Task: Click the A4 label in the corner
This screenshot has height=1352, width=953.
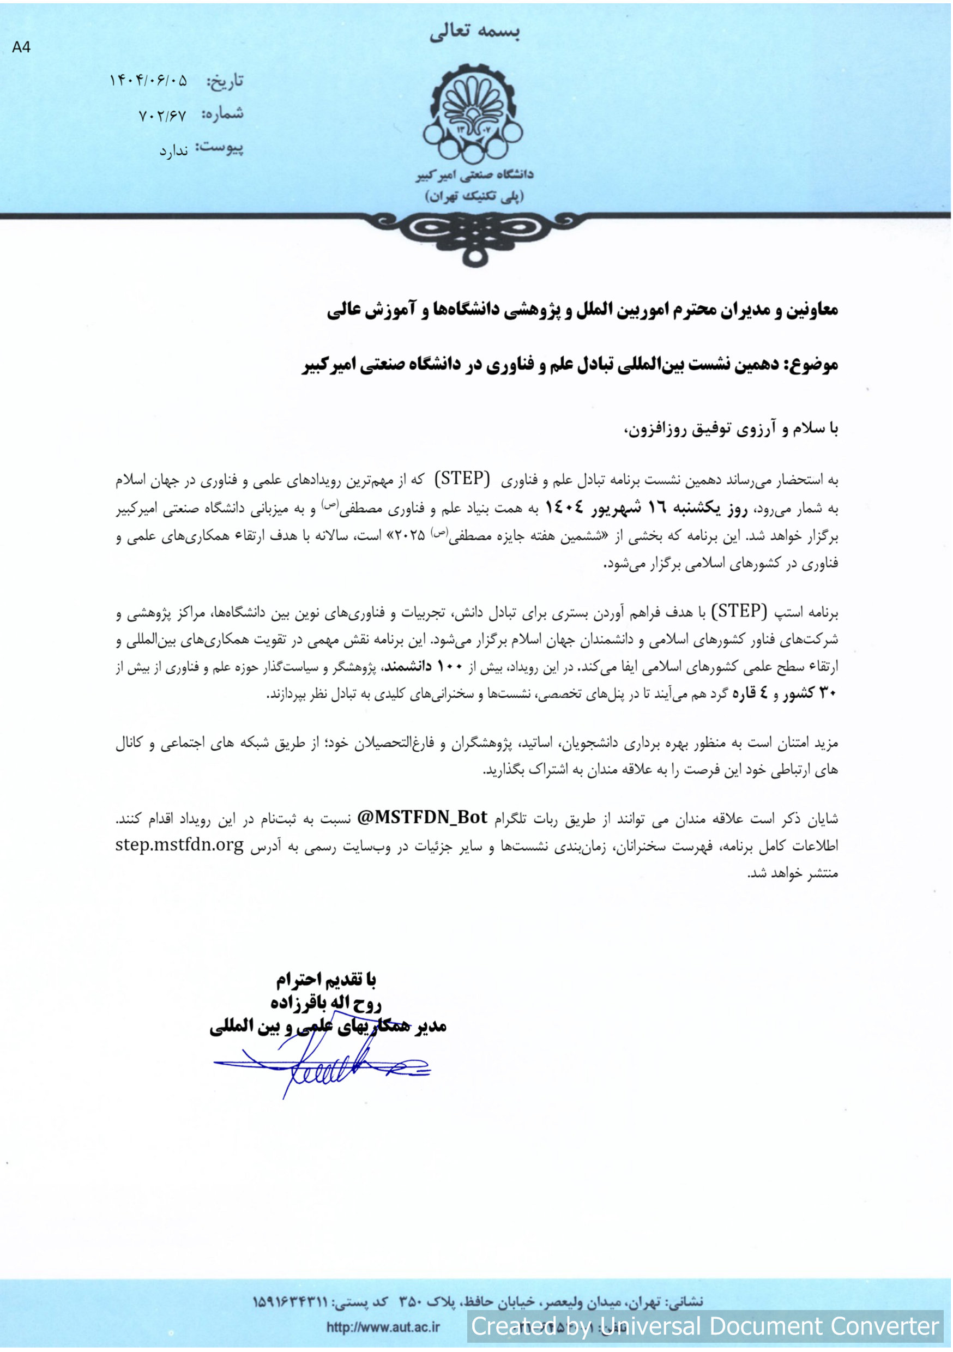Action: tap(21, 47)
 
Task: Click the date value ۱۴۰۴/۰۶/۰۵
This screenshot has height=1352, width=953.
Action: tap(148, 80)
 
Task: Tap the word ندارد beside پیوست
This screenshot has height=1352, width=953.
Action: tap(173, 151)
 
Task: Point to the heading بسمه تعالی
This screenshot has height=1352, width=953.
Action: tap(474, 32)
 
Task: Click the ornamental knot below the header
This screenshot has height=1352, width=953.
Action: tap(475, 236)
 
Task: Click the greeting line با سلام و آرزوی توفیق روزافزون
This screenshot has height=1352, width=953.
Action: tap(731, 429)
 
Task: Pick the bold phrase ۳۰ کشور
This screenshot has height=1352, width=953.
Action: tap(811, 693)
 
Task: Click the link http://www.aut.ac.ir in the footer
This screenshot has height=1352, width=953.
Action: tap(383, 1327)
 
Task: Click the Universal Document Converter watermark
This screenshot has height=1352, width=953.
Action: tap(704, 1326)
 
